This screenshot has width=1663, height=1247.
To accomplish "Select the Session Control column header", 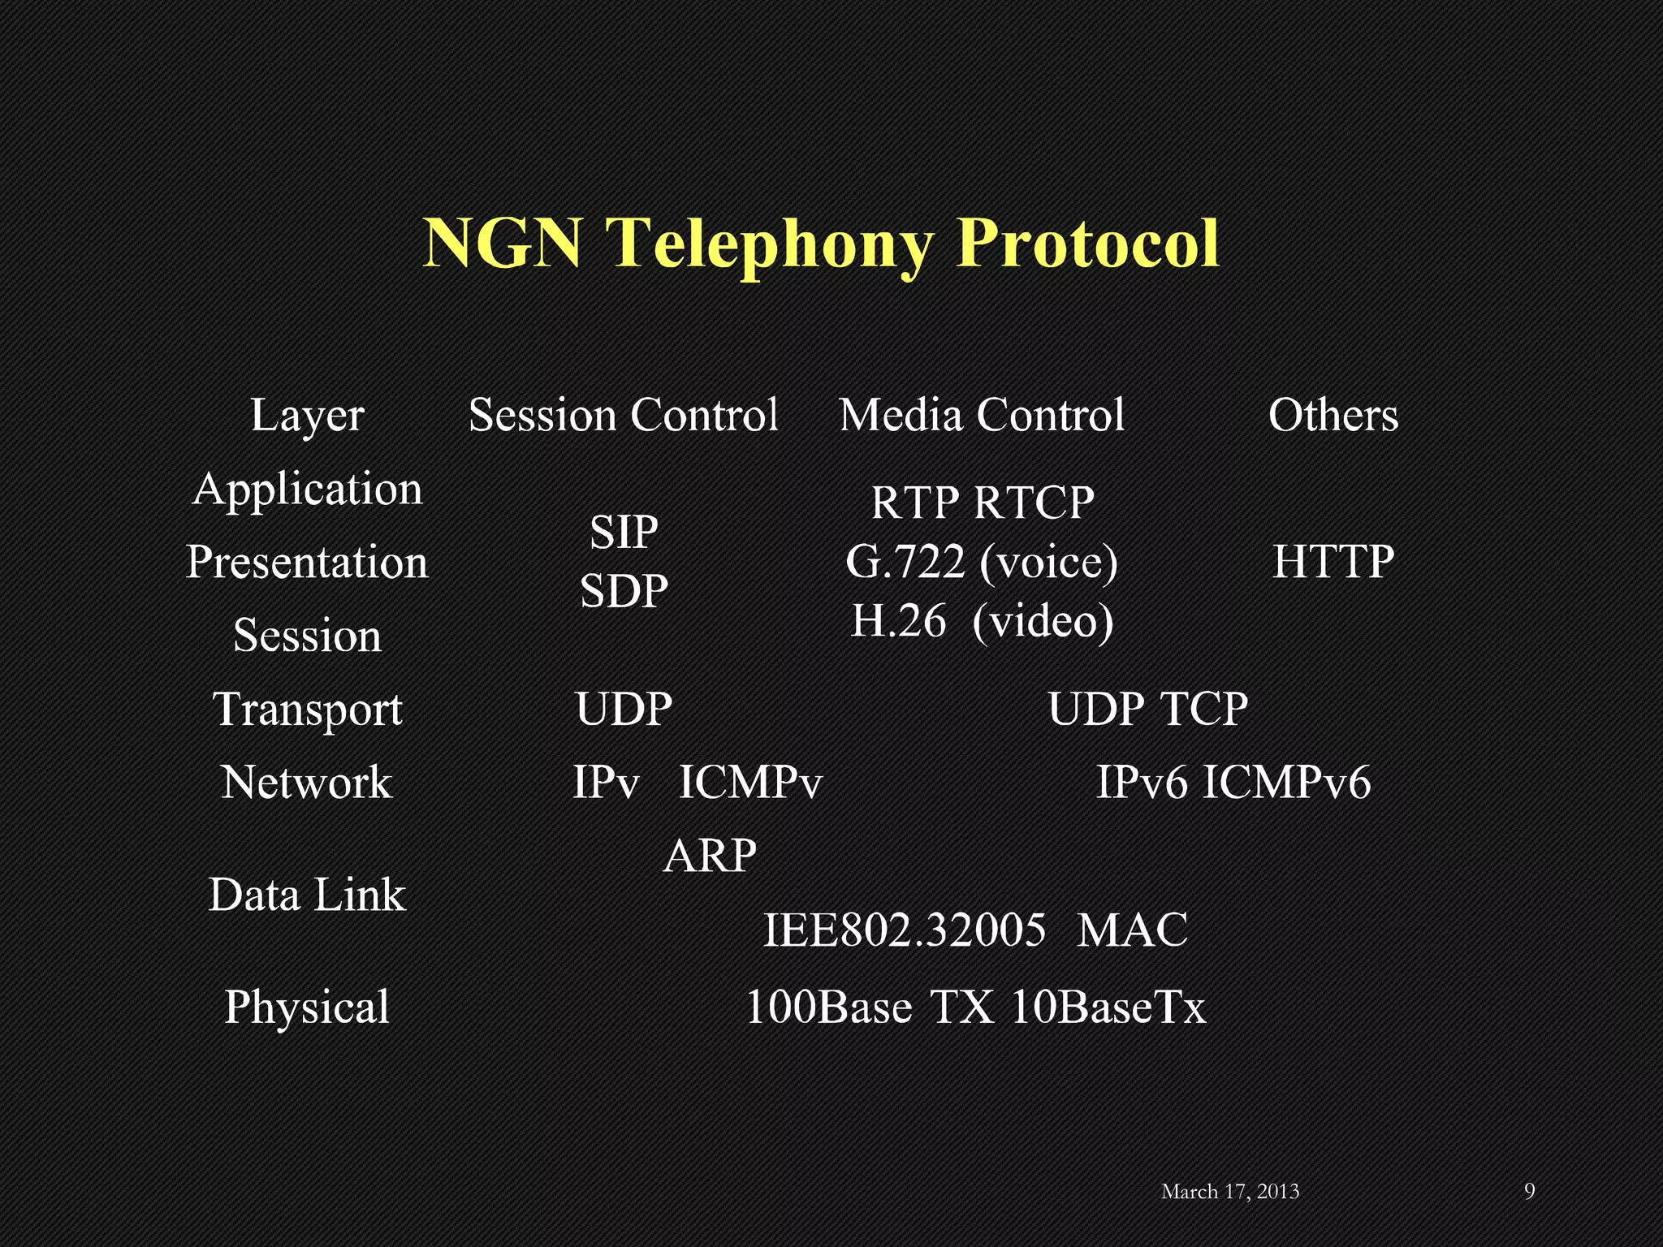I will (x=624, y=416).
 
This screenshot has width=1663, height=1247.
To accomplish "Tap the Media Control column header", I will (x=982, y=416).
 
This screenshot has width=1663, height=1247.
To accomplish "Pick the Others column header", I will (x=1333, y=416).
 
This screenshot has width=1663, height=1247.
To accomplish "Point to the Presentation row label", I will (x=308, y=563).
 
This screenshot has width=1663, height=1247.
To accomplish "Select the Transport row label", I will (x=308, y=710).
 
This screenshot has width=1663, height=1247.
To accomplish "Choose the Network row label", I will (x=308, y=783).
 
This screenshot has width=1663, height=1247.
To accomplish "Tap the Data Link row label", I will (x=308, y=895).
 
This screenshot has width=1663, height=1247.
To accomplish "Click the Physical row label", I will (x=308, y=1008).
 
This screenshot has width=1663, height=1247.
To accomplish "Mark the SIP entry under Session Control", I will (x=624, y=533).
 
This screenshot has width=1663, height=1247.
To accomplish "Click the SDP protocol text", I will (x=624, y=591).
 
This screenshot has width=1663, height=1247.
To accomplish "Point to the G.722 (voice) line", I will (x=982, y=562).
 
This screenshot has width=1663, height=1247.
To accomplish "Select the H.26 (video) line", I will (x=982, y=622).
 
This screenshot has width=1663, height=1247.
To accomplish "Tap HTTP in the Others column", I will (x=1333, y=562).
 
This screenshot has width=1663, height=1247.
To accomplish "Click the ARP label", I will (x=710, y=856).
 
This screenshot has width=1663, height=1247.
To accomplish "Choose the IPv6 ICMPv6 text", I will (x=1233, y=783).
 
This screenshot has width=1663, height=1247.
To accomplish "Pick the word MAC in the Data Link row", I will (x=1132, y=930).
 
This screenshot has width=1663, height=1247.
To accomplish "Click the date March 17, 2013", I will (x=1230, y=1192).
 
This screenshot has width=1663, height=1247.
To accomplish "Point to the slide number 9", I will (x=1530, y=1191).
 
